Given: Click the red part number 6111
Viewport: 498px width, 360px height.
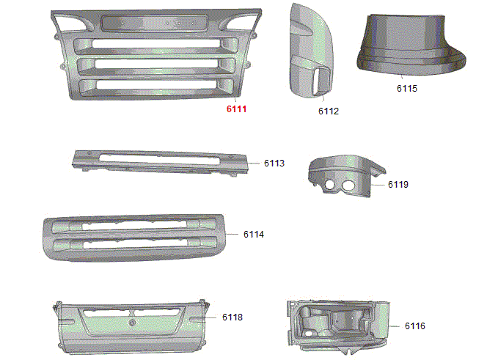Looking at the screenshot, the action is coord(236,109).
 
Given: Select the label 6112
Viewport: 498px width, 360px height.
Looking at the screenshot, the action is coord(329,111).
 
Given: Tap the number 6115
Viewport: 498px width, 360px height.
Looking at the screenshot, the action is coord(407,88).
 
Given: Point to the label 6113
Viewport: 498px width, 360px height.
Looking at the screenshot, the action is coord(274,164).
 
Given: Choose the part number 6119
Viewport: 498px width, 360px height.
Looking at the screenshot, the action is coord(398,185).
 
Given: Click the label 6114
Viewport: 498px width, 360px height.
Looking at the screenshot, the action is coord(254,235).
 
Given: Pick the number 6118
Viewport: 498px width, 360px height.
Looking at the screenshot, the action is coord(232,317).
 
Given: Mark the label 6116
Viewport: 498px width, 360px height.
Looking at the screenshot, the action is coord(415,326).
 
